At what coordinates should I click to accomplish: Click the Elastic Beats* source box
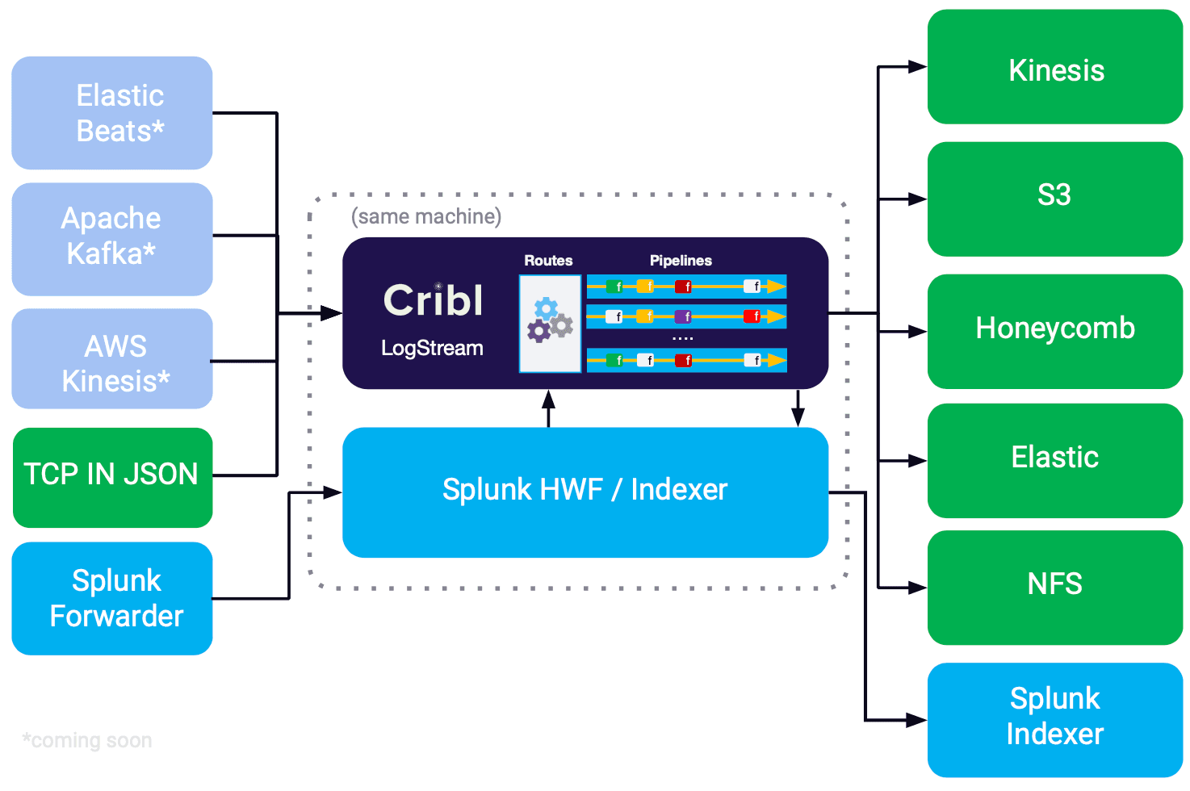[112, 113]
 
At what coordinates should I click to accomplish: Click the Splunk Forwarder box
[112, 598]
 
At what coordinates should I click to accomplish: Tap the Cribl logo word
[434, 300]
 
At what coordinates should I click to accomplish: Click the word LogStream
[432, 348]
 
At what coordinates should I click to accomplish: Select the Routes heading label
[548, 261]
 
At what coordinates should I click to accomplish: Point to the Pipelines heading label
[681, 261]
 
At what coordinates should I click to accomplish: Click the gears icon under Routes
[550, 320]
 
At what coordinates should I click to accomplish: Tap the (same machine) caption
[426, 216]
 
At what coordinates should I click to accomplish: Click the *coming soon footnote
[87, 740]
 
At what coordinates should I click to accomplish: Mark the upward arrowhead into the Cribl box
[549, 398]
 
